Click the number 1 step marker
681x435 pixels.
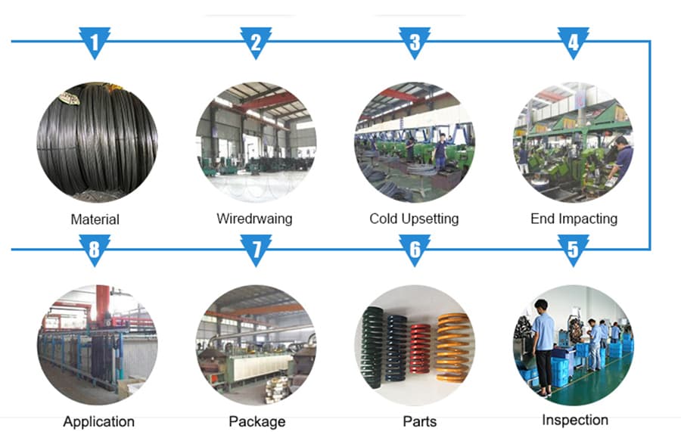95,42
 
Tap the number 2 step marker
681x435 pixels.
256,42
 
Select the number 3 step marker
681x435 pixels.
415,42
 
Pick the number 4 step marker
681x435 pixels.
574,42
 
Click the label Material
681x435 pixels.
95,220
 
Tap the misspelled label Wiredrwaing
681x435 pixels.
254,219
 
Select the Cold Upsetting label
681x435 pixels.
414,219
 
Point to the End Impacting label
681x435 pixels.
574,219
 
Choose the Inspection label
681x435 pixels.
575,420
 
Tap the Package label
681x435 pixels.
257,421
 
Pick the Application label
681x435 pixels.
98,421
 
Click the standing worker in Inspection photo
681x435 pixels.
543,344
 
